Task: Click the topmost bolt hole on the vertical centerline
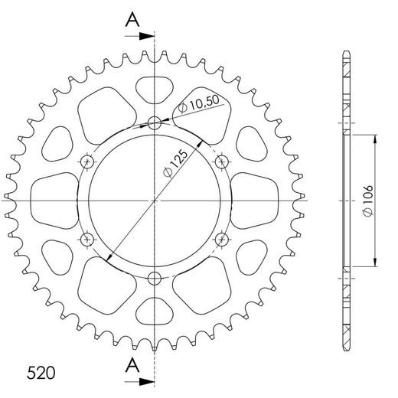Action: [x=155, y=123]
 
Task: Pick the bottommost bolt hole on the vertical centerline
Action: [x=155, y=277]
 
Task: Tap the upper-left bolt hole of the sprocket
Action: [x=86, y=161]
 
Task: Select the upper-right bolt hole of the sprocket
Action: [x=223, y=161]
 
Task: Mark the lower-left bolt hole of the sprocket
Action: [x=86, y=240]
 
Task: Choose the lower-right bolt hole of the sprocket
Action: [x=223, y=240]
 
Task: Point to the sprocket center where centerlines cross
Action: [x=155, y=201]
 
